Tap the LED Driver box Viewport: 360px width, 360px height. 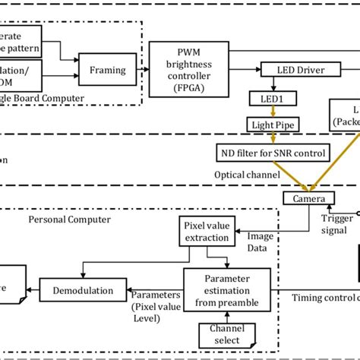click(x=292, y=70)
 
